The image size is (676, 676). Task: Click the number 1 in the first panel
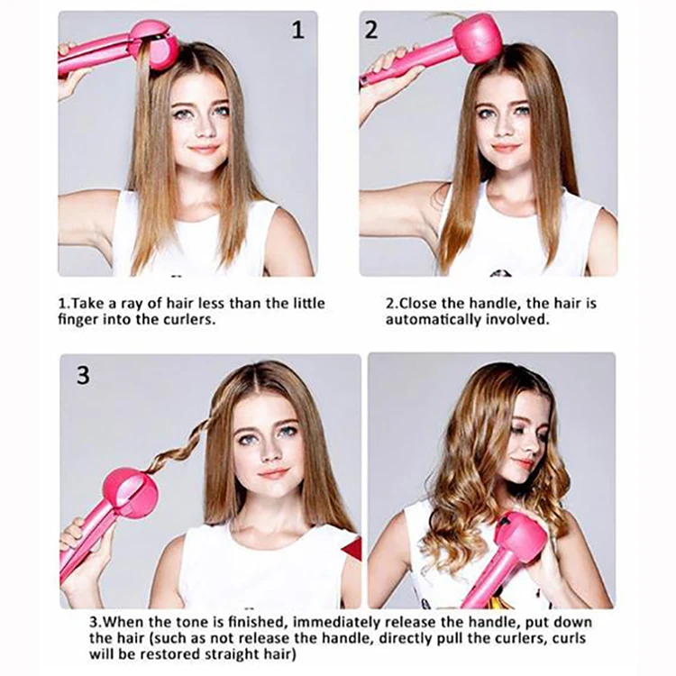pos(298,30)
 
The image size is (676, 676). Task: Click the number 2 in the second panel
pos(371,30)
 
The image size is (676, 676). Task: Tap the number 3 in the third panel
pos(83,375)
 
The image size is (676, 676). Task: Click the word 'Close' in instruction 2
pos(417,303)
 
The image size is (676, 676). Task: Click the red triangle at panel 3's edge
pos(352,549)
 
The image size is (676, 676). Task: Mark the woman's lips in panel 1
pos(204,149)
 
